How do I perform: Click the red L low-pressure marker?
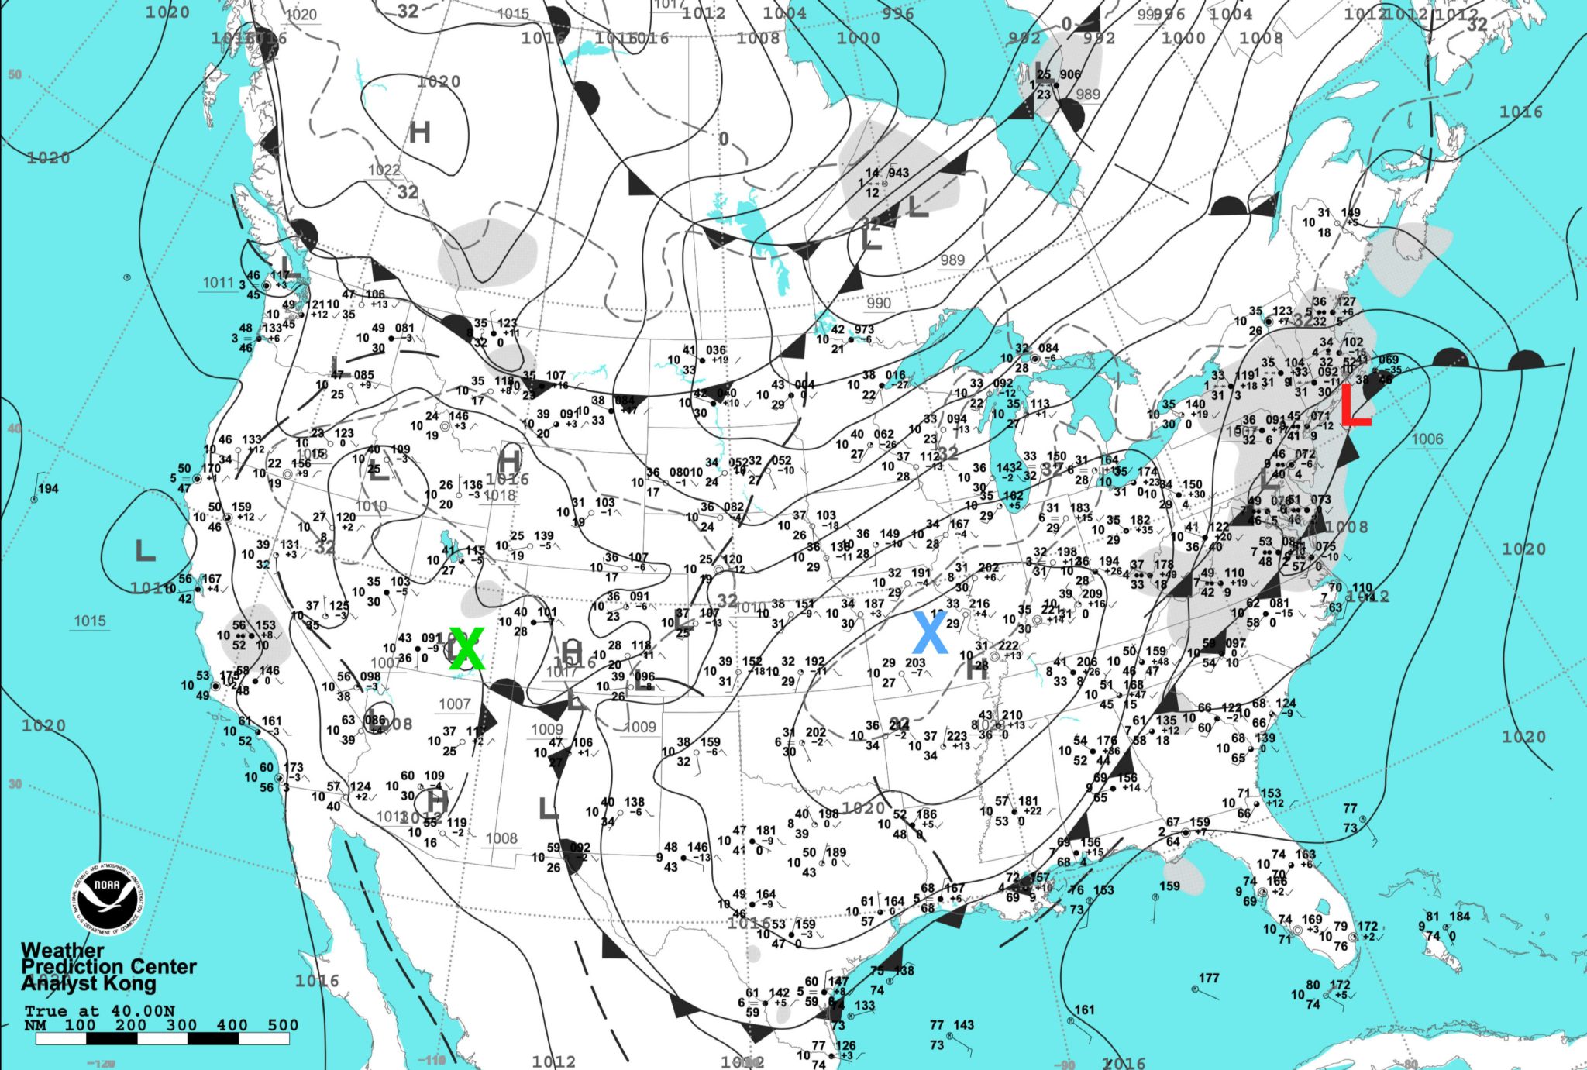(1355, 406)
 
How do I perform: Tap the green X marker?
(466, 649)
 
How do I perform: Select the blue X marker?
(930, 633)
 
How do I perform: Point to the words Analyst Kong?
(88, 983)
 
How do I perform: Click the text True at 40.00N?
(99, 1010)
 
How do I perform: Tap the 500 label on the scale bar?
(283, 1024)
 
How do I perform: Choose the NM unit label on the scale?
(35, 1024)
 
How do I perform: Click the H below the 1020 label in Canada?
(419, 132)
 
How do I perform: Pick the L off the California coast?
(145, 552)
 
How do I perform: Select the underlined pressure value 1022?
(384, 170)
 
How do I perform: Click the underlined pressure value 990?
(879, 303)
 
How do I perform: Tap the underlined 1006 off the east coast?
(1427, 439)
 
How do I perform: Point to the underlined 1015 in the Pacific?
(90, 621)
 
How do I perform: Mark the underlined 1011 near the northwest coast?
(218, 283)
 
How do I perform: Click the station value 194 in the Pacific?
(48, 488)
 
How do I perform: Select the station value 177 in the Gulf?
(1209, 978)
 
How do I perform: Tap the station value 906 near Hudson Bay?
(1070, 74)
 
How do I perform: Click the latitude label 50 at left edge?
(15, 74)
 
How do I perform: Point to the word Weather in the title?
(62, 950)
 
